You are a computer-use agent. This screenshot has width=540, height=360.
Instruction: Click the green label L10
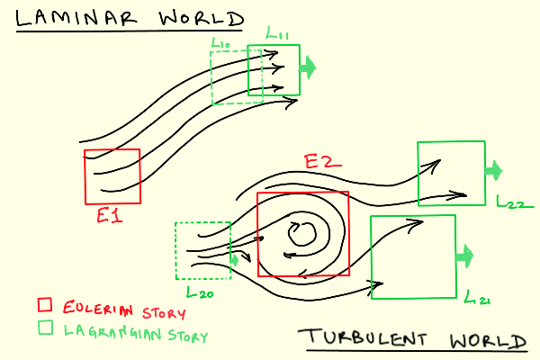click(x=221, y=42)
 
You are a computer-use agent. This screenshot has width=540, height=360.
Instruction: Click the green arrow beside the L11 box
click(x=309, y=66)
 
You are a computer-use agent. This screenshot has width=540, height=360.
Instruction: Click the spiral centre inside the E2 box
click(x=299, y=235)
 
